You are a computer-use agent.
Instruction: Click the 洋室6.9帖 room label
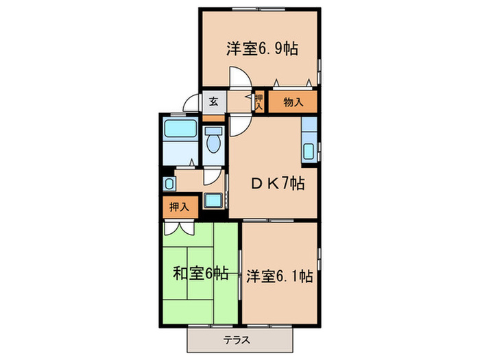click(x=262, y=49)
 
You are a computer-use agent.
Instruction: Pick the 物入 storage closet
click(x=293, y=103)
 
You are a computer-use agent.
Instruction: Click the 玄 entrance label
click(x=213, y=103)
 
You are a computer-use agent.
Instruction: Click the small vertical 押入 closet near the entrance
click(x=259, y=102)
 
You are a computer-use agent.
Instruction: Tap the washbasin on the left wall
click(x=169, y=184)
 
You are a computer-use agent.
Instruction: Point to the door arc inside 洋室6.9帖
click(x=237, y=77)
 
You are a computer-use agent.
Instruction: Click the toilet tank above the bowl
click(x=214, y=132)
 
